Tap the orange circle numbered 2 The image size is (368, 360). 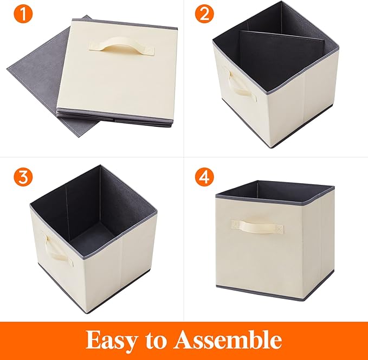point(204,14)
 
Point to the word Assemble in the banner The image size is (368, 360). point(228,340)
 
